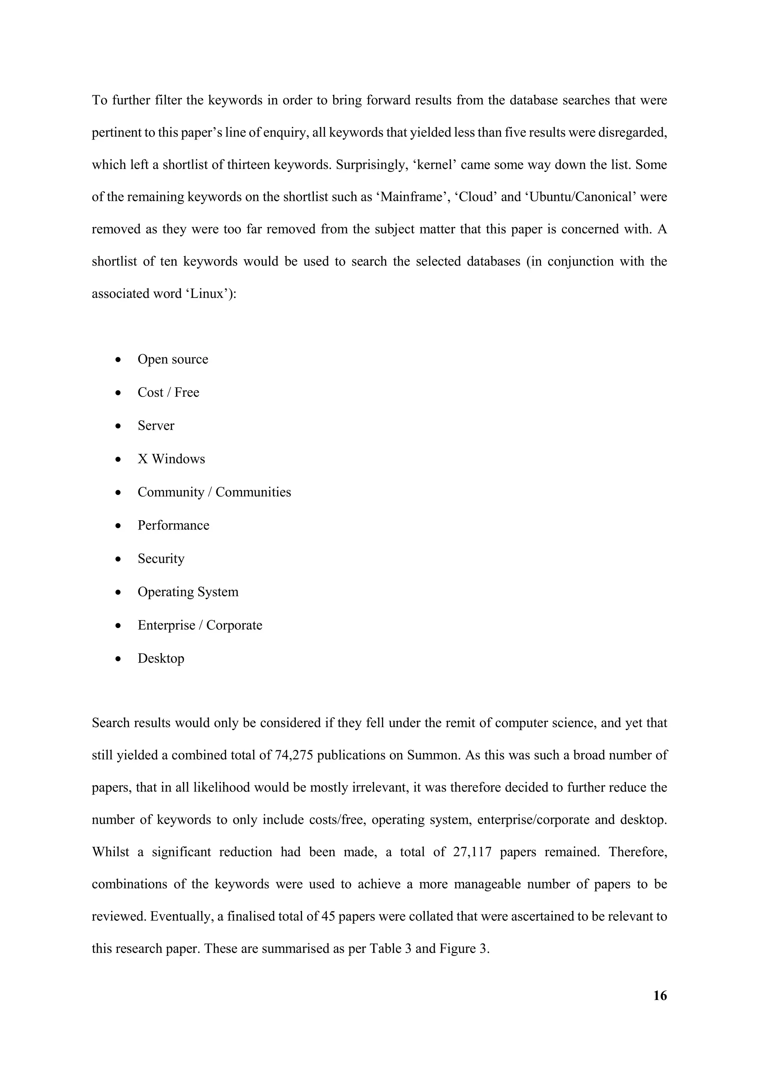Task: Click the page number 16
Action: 659,996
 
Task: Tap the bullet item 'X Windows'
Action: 171,459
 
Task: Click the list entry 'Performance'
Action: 173,525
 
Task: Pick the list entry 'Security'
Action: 161,558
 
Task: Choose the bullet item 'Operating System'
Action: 188,592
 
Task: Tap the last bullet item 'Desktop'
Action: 161,658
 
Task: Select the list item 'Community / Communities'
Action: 214,492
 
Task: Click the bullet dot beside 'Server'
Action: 118,426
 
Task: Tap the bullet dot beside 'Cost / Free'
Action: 118,393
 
